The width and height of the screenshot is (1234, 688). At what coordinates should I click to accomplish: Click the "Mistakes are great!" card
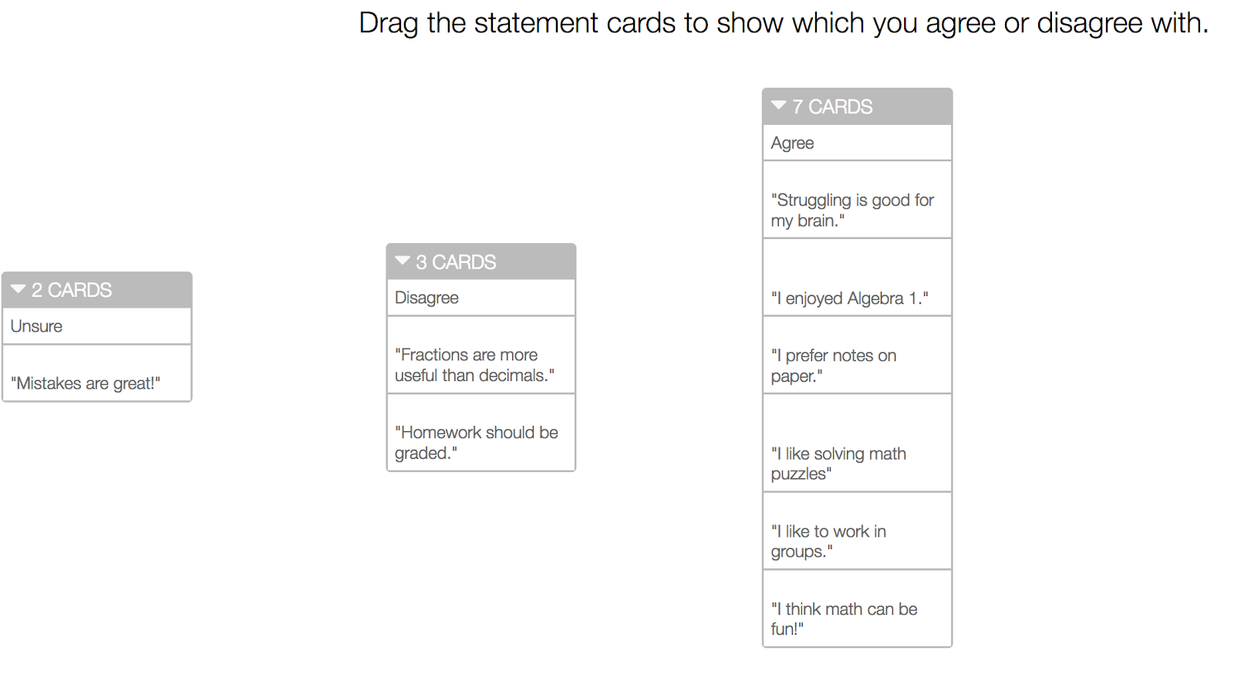point(97,373)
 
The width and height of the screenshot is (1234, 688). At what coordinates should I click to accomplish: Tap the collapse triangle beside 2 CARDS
point(19,289)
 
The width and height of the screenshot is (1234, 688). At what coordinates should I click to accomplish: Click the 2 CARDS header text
point(72,290)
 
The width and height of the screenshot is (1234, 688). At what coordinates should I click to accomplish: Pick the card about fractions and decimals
point(481,355)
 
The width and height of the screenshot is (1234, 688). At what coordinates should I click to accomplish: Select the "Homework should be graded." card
point(481,433)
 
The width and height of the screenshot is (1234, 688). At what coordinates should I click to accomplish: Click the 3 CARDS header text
point(456,262)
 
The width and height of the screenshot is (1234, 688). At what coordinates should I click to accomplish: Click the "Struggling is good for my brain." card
point(857,200)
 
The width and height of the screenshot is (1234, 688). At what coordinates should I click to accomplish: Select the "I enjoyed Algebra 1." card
point(857,277)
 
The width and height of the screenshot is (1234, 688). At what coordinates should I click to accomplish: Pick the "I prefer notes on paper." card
point(857,355)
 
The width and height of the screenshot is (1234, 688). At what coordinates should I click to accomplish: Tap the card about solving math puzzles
point(857,443)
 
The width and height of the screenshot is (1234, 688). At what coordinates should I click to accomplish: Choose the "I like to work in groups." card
point(857,531)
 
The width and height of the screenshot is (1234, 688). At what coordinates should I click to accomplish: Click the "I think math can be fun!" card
point(857,609)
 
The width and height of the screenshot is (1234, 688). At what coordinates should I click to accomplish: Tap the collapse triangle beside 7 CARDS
point(778,105)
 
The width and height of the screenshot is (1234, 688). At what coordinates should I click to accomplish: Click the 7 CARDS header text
point(832,107)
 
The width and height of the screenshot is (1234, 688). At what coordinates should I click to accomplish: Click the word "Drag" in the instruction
point(389,24)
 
